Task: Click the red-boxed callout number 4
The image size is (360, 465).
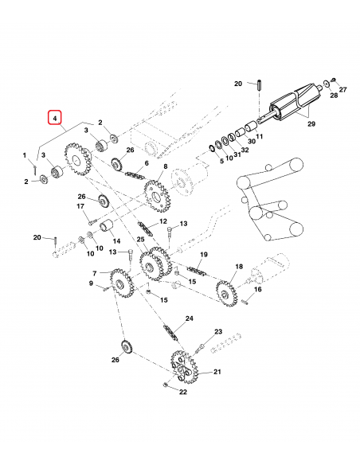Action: [55, 119]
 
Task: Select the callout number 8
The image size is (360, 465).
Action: [165, 166]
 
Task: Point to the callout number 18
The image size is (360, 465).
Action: [238, 267]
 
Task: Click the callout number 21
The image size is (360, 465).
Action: [217, 372]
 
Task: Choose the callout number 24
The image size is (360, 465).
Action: [189, 318]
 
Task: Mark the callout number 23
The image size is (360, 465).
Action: [217, 331]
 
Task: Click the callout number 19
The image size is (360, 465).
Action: [203, 254]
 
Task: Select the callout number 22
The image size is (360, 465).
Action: [182, 392]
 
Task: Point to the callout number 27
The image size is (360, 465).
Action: [343, 90]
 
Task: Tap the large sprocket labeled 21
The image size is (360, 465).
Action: [184, 368]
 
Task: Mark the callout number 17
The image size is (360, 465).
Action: [80, 208]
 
